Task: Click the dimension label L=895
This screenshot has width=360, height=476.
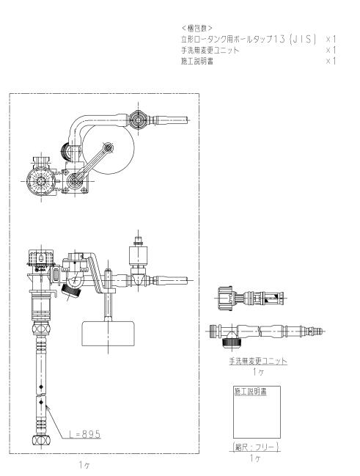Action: point(84,434)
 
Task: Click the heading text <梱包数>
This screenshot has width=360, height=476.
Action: point(197,28)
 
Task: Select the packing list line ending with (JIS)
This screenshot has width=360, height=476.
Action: point(249,39)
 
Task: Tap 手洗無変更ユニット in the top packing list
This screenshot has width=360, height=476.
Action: point(210,50)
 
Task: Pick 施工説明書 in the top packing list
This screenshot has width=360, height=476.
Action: point(197,61)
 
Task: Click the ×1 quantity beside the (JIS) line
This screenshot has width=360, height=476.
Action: point(331,39)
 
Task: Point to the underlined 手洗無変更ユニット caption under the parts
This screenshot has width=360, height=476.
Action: point(257,361)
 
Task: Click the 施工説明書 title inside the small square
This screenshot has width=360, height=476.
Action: point(251,392)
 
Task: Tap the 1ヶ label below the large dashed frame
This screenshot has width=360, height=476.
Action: point(84,464)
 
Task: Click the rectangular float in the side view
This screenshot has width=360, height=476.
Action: point(109,333)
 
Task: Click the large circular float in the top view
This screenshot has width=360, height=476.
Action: point(109,148)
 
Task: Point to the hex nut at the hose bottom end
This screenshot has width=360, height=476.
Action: point(41,440)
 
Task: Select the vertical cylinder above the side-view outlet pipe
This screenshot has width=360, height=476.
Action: point(139,256)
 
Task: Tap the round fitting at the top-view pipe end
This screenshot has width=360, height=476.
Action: point(139,120)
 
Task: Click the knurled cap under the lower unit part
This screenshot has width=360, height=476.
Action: point(232,343)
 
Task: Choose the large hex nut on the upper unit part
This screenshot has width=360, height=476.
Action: point(225,296)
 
